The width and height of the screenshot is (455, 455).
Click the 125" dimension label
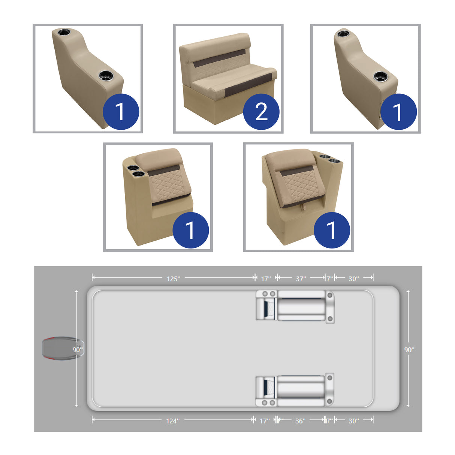[173, 278]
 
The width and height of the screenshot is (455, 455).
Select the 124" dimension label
[173, 421]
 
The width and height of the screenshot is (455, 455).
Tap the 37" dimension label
[301, 278]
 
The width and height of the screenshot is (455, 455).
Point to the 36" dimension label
[300, 421]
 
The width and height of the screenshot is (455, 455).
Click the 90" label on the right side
[409, 350]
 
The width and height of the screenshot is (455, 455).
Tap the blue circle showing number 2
[261, 112]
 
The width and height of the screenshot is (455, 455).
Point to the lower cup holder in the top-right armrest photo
[381, 76]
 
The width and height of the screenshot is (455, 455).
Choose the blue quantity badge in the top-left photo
[121, 112]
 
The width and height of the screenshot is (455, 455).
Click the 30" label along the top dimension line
[353, 278]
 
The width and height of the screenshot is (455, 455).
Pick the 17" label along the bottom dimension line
[265, 421]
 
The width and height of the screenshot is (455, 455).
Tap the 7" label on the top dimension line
[329, 278]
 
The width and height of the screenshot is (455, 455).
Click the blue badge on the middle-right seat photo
[331, 230]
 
